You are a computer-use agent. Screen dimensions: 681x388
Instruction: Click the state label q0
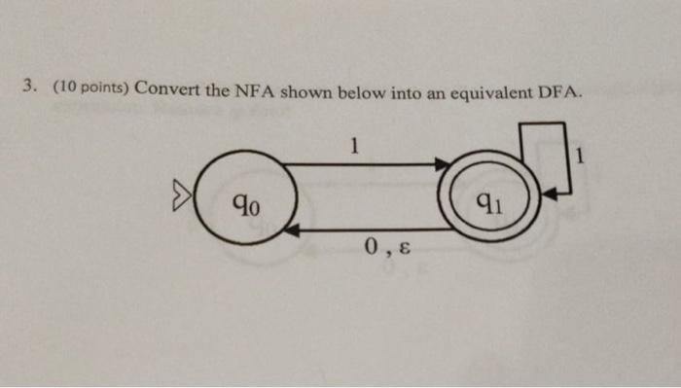[245, 204]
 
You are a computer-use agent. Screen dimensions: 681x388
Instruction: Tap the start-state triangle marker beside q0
[179, 200]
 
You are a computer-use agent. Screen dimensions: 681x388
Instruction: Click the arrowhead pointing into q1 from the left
[439, 165]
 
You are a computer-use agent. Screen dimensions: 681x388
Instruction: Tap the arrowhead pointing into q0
[291, 230]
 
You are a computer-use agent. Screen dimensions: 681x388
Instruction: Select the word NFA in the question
[254, 92]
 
